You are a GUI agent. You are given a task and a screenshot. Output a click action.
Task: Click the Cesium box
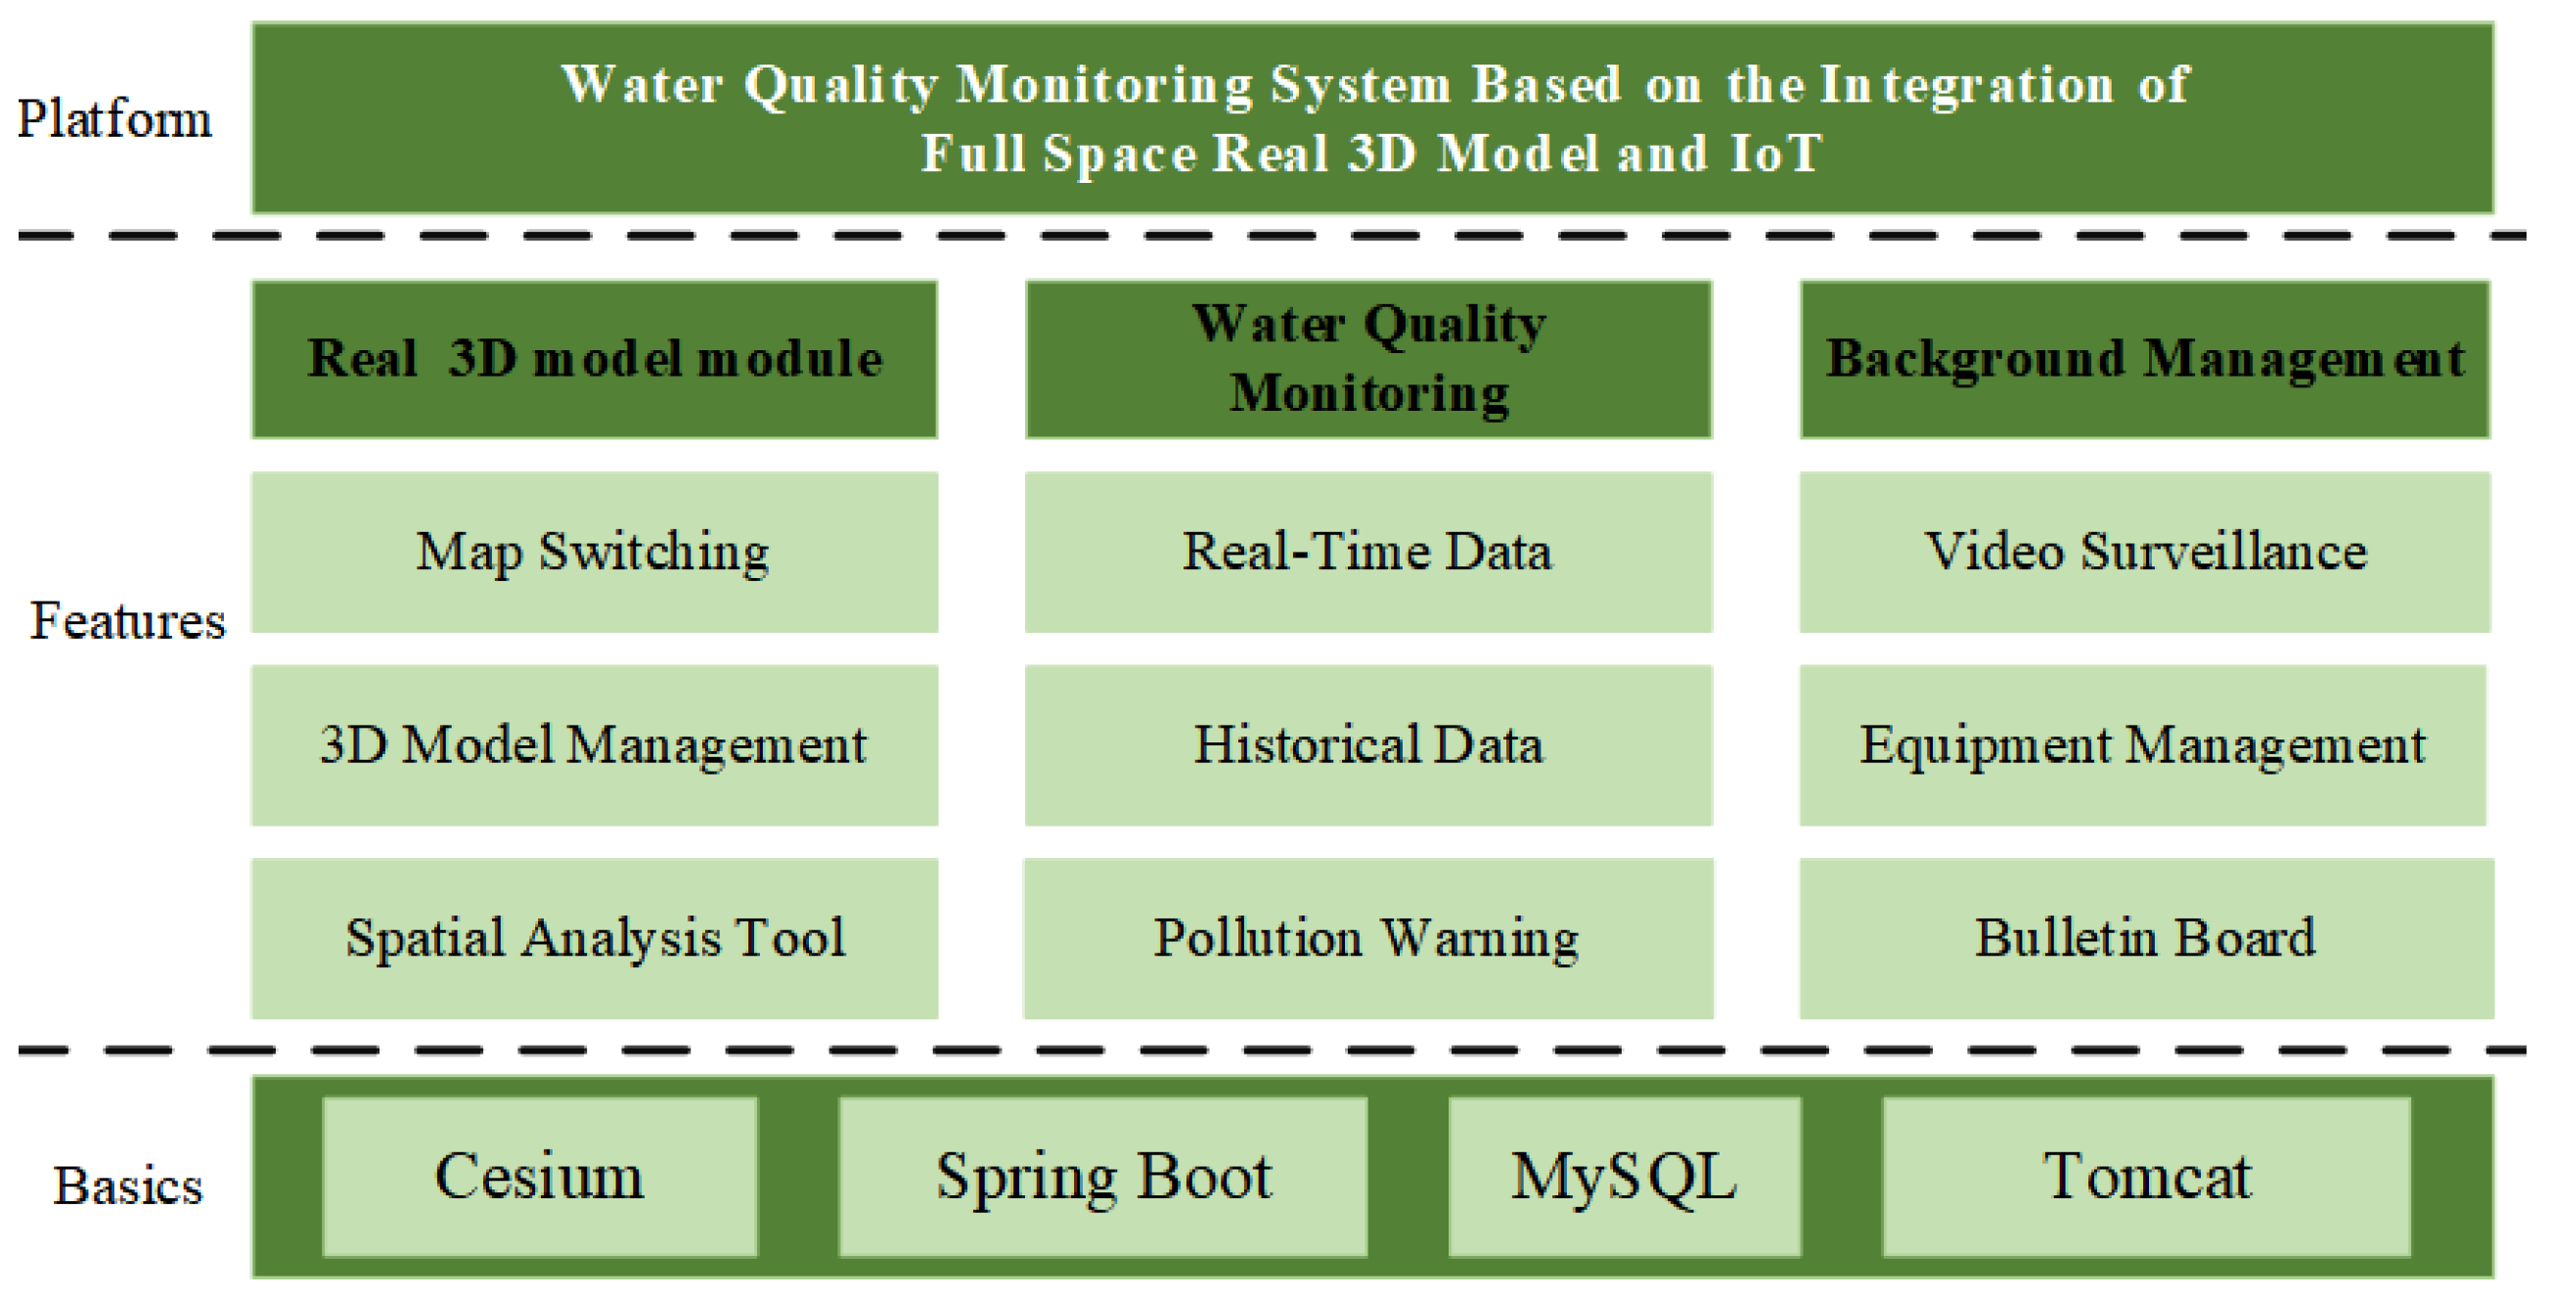pos(540,1176)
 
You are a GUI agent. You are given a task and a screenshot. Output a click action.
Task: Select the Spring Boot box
pos(1103,1176)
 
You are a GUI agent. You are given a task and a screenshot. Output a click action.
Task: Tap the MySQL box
pos(1624,1176)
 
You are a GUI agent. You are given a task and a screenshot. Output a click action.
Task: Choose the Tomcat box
pos(2147,1176)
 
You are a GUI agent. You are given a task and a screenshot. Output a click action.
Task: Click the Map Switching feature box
pos(594,552)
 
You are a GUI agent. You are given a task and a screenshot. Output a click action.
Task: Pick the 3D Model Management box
pos(594,744)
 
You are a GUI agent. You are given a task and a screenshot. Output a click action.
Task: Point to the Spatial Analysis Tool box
pos(594,938)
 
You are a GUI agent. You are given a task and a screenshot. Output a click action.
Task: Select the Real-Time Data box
pos(1368,552)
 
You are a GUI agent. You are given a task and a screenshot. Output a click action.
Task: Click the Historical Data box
pos(1368,744)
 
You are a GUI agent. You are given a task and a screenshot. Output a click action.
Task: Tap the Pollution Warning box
pos(1368,938)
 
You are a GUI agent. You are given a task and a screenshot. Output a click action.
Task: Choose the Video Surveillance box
pos(2145,552)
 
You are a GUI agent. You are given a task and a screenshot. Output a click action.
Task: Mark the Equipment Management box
pos(2143,744)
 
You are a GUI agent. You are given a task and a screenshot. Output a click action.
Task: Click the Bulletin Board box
pos(2146,938)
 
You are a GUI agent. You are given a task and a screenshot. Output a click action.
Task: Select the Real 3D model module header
pos(594,359)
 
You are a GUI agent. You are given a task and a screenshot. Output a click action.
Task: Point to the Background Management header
pos(2145,359)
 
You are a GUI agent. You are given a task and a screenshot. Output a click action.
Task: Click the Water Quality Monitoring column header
pos(1368,359)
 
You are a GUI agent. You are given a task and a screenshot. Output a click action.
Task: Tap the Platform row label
pos(113,119)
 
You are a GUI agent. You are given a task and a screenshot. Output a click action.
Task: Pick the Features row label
pos(128,621)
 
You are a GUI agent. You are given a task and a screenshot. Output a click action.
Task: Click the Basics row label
pos(128,1186)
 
